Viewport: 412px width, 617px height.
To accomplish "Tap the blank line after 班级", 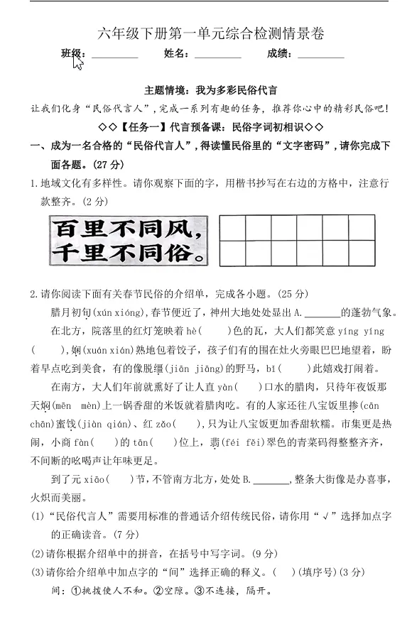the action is pos(114,55).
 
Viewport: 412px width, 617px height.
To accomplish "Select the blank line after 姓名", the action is pos(217,55).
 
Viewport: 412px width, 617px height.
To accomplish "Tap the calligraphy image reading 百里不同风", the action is pos(131,241).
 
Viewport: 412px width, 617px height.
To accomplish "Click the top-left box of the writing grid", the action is pos(233,228).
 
